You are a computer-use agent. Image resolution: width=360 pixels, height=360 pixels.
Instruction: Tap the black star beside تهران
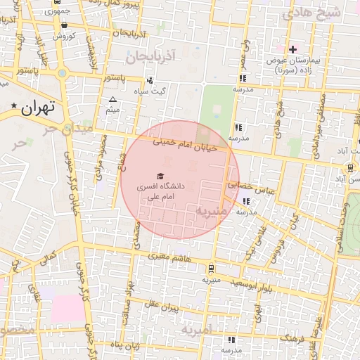[14, 106]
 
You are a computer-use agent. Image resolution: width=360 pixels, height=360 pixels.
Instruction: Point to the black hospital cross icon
[293, 49]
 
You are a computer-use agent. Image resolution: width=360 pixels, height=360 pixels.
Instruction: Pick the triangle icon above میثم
[112, 99]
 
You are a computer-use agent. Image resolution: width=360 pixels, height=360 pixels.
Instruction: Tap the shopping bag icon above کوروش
[64, 25]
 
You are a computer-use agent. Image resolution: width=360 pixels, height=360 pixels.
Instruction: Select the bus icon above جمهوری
[56, 3]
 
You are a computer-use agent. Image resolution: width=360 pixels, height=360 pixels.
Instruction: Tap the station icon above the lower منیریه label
[211, 268]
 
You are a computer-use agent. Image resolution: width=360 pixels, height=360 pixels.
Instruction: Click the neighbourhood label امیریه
[197, 328]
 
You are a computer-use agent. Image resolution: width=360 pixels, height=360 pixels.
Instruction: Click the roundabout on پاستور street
[63, 73]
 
